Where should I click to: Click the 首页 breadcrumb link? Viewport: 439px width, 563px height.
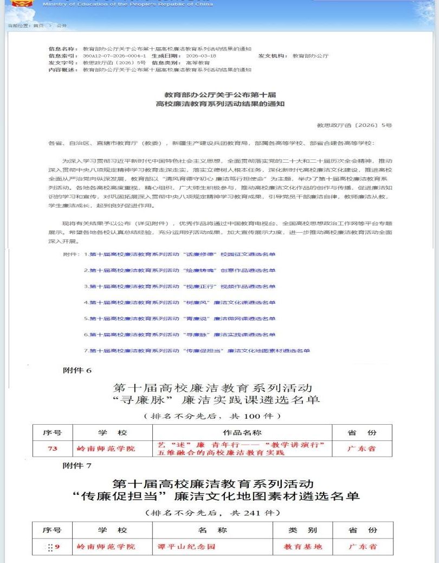[37, 25]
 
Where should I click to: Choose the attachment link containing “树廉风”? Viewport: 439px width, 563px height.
[182, 302]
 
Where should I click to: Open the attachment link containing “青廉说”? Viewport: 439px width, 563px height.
[182, 318]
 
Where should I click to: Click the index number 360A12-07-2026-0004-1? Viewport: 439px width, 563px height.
[115, 56]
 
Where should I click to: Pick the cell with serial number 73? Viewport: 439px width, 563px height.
[53, 449]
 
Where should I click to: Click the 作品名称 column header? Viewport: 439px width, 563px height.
[242, 433]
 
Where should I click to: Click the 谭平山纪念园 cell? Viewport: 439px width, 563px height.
[195, 546]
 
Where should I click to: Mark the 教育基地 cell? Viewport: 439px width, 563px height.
[303, 546]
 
